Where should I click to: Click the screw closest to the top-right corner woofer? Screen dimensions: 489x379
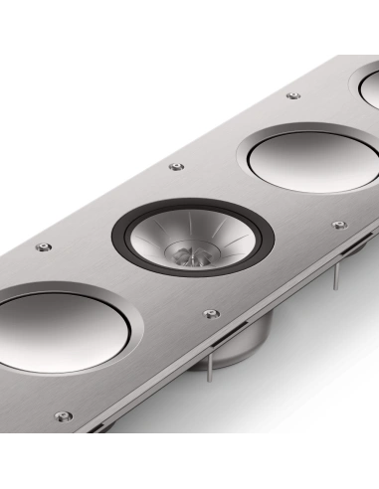click(292, 96)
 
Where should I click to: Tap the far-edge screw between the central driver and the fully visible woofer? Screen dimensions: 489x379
click(177, 166)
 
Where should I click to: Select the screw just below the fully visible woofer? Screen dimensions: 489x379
click(339, 225)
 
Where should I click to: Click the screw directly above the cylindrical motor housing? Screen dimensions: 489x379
click(209, 314)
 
